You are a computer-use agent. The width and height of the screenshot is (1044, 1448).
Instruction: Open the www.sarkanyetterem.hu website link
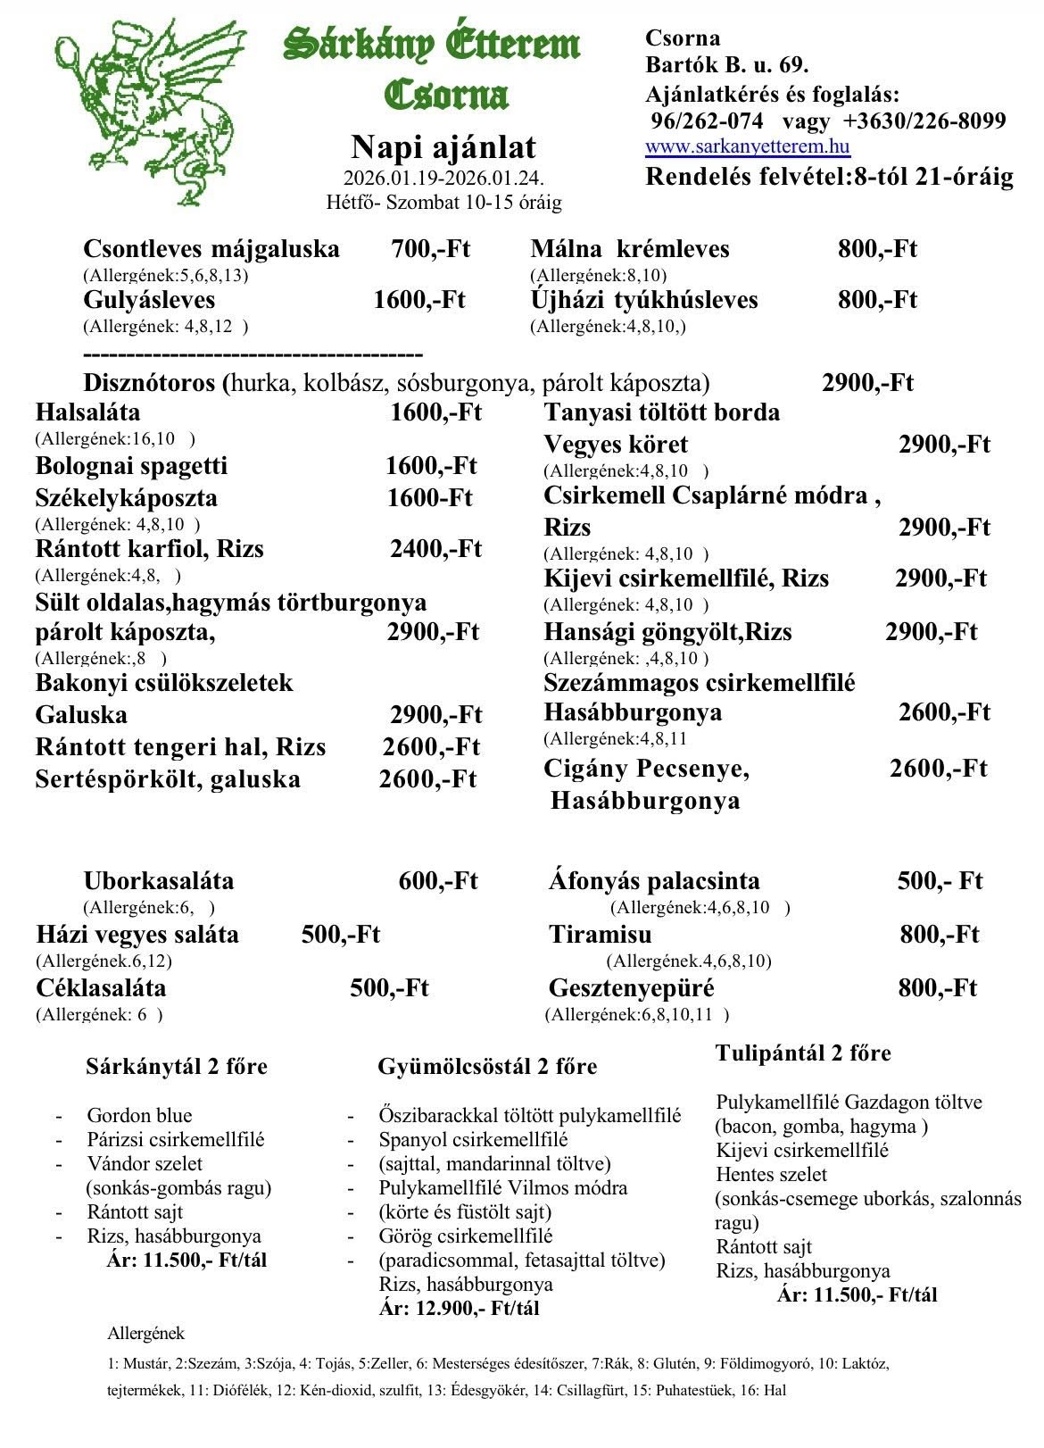pyautogui.click(x=748, y=147)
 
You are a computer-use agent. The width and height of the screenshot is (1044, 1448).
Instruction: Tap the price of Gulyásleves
pyautogui.click(x=419, y=300)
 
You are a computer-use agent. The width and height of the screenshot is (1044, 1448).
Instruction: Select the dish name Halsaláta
pyautogui.click(x=87, y=412)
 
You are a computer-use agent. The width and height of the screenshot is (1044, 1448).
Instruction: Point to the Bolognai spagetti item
pyautogui.click(x=132, y=466)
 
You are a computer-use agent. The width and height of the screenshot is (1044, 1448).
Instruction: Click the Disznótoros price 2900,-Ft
pyautogui.click(x=867, y=383)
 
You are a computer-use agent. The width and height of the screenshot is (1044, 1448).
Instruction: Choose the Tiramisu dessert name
pyautogui.click(x=600, y=935)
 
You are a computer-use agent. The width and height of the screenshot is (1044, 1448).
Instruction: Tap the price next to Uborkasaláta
pyautogui.click(x=438, y=881)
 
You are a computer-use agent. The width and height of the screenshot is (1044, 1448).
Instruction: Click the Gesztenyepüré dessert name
pyautogui.click(x=631, y=988)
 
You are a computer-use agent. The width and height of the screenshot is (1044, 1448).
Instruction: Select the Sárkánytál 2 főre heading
pyautogui.click(x=177, y=1067)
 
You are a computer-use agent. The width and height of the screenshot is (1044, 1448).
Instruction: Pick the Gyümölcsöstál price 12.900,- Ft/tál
pyautogui.click(x=460, y=1309)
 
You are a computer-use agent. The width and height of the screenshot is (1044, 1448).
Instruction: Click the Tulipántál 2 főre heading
pyautogui.click(x=803, y=1053)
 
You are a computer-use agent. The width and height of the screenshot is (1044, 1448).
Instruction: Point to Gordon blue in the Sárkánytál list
pyautogui.click(x=139, y=1115)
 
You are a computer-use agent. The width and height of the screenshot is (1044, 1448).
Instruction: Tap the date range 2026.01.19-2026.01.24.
pyautogui.click(x=443, y=178)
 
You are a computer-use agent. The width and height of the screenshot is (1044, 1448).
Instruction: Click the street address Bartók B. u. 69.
pyautogui.click(x=726, y=65)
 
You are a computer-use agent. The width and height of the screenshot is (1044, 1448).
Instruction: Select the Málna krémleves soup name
pyautogui.click(x=630, y=249)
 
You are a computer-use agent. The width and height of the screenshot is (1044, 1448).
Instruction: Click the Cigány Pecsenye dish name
pyautogui.click(x=647, y=769)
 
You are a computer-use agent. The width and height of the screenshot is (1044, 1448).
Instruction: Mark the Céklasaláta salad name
pyautogui.click(x=101, y=988)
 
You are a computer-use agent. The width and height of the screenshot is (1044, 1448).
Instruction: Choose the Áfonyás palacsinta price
pyautogui.click(x=940, y=881)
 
